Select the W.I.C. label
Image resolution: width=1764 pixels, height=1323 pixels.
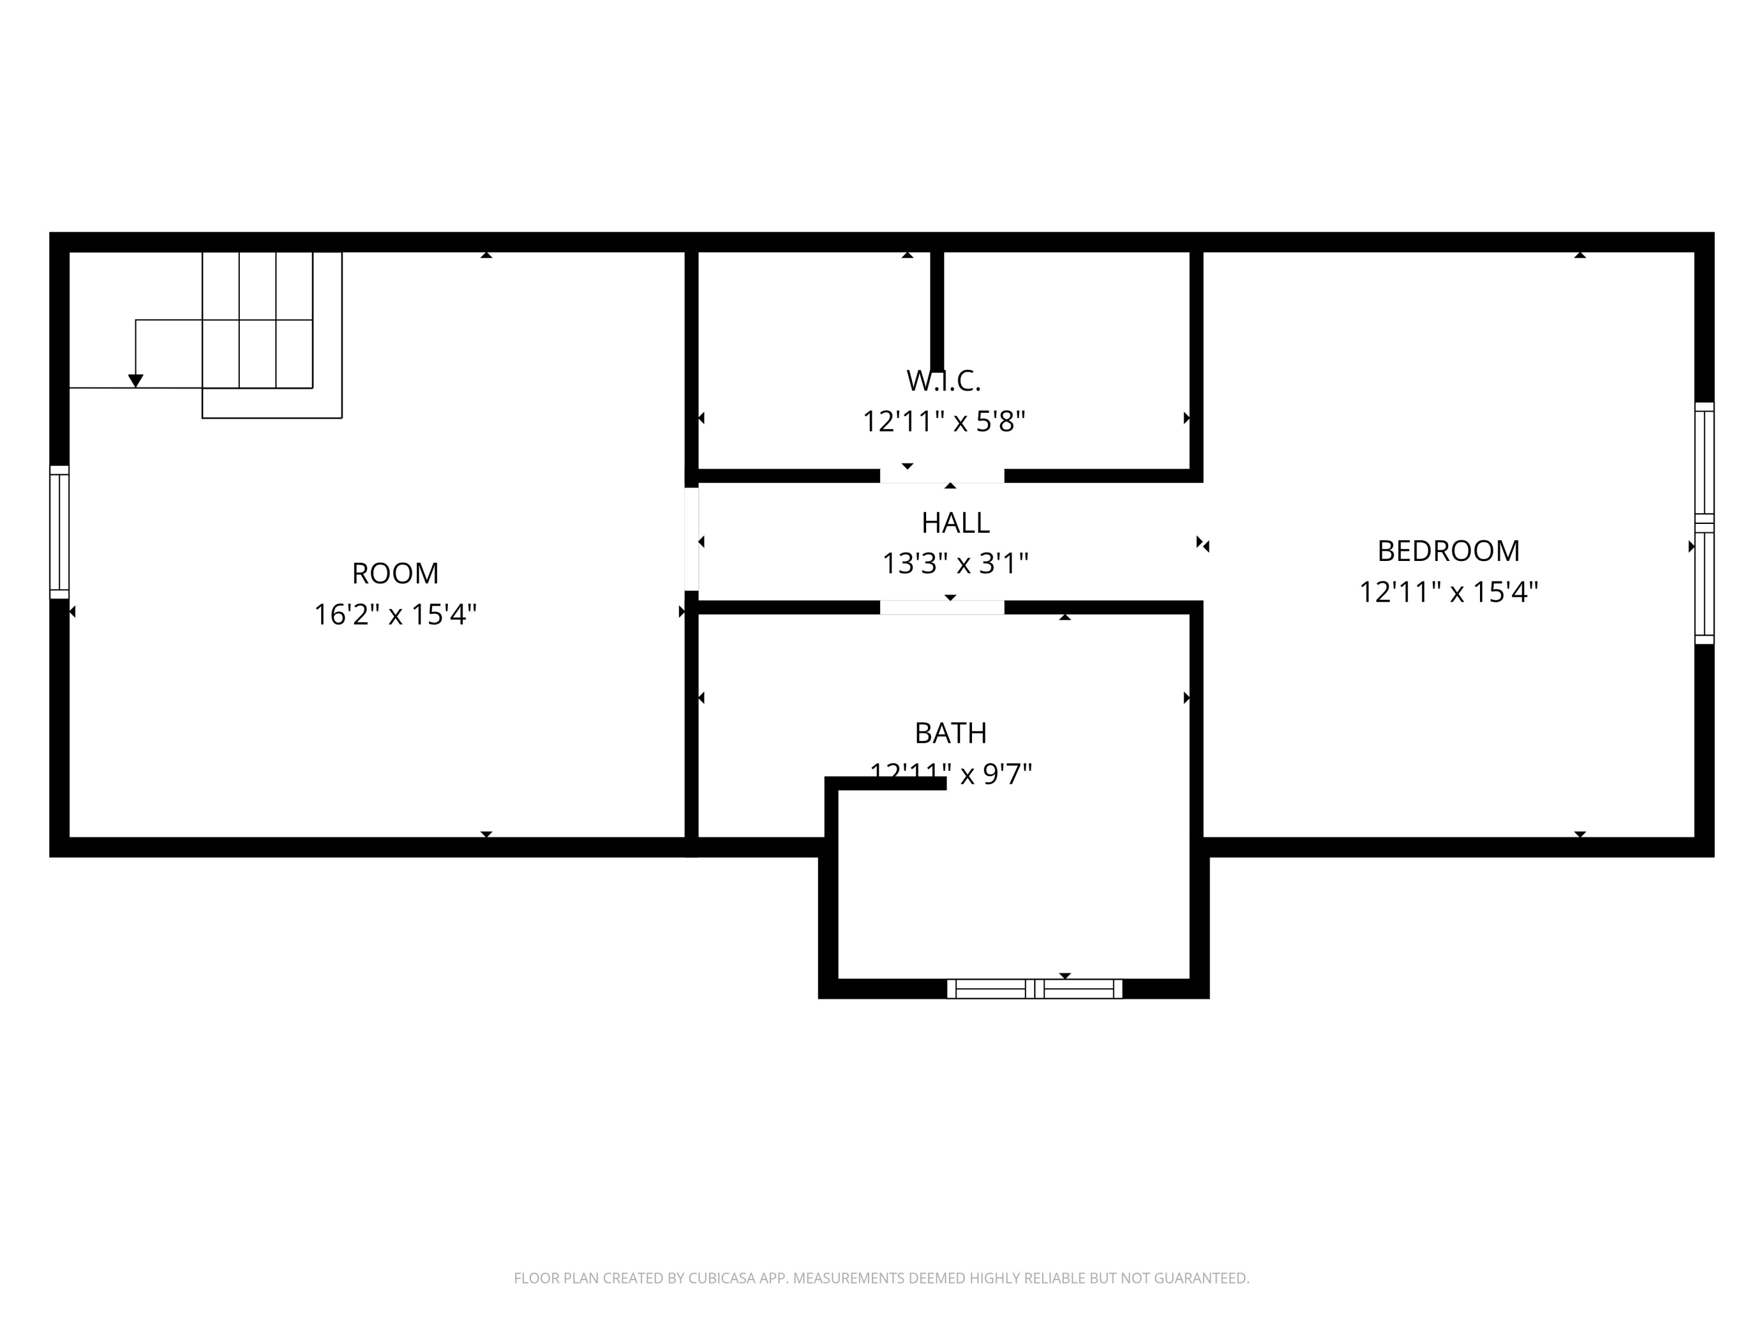[x=943, y=381]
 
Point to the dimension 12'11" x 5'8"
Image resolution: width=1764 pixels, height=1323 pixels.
[x=943, y=422]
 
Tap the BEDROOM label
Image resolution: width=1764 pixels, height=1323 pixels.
[x=1448, y=551]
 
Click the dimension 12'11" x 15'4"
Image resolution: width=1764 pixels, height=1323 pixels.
[x=1448, y=593]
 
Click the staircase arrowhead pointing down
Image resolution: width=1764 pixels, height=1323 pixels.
[x=136, y=381]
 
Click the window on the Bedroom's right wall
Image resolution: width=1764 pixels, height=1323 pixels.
[x=1703, y=523]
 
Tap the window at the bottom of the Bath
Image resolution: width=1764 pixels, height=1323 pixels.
[x=1034, y=989]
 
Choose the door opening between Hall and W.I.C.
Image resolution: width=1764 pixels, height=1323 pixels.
[x=942, y=476]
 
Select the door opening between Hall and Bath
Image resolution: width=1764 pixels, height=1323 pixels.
[x=942, y=607]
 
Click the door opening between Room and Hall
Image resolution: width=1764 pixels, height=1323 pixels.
[x=691, y=539]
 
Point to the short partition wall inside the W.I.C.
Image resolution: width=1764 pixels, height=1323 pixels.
[x=937, y=311]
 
